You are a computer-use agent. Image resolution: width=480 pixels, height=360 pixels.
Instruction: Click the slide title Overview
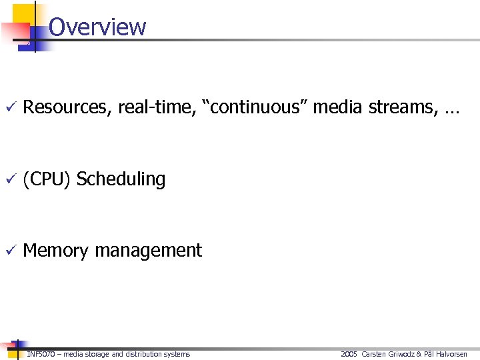click(x=97, y=27)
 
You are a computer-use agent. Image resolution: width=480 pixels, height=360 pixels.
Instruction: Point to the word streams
click(x=402, y=107)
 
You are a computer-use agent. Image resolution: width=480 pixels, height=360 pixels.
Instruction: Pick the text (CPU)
click(x=47, y=179)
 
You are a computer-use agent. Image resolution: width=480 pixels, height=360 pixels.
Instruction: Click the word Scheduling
click(x=121, y=179)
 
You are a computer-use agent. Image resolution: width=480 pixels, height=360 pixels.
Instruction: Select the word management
click(x=148, y=251)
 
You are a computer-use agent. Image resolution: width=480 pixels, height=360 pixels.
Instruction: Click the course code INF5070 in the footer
click(x=41, y=354)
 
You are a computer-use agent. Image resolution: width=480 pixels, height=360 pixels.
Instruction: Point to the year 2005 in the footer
click(x=349, y=354)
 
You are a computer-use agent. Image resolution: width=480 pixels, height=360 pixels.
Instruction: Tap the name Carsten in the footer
click(x=375, y=354)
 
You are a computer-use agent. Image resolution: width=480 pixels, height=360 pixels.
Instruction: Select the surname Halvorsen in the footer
click(x=452, y=354)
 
